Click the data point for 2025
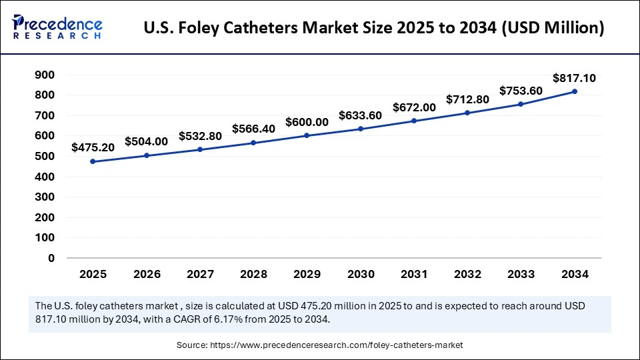tap(93, 161)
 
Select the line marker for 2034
tap(575, 91)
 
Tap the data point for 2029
tap(307, 135)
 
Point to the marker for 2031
tap(414, 121)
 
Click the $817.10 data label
tap(575, 78)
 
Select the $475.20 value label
tap(93, 147)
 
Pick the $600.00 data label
tap(307, 122)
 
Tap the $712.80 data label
tap(467, 99)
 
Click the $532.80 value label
tap(200, 136)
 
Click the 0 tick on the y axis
tap(51, 258)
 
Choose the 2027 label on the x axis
tap(200, 273)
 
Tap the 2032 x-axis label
tap(467, 273)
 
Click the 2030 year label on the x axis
tap(361, 273)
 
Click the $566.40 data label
tap(253, 129)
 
